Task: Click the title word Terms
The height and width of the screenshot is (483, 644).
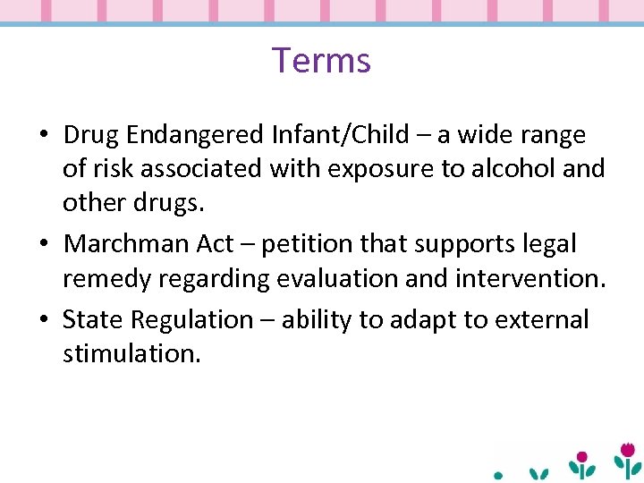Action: [321, 60]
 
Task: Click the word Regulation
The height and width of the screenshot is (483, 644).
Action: [192, 320]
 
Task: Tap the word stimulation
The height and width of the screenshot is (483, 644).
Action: [131, 353]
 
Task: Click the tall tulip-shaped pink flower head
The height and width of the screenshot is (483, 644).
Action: [628, 450]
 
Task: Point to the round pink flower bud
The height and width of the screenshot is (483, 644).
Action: [581, 457]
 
